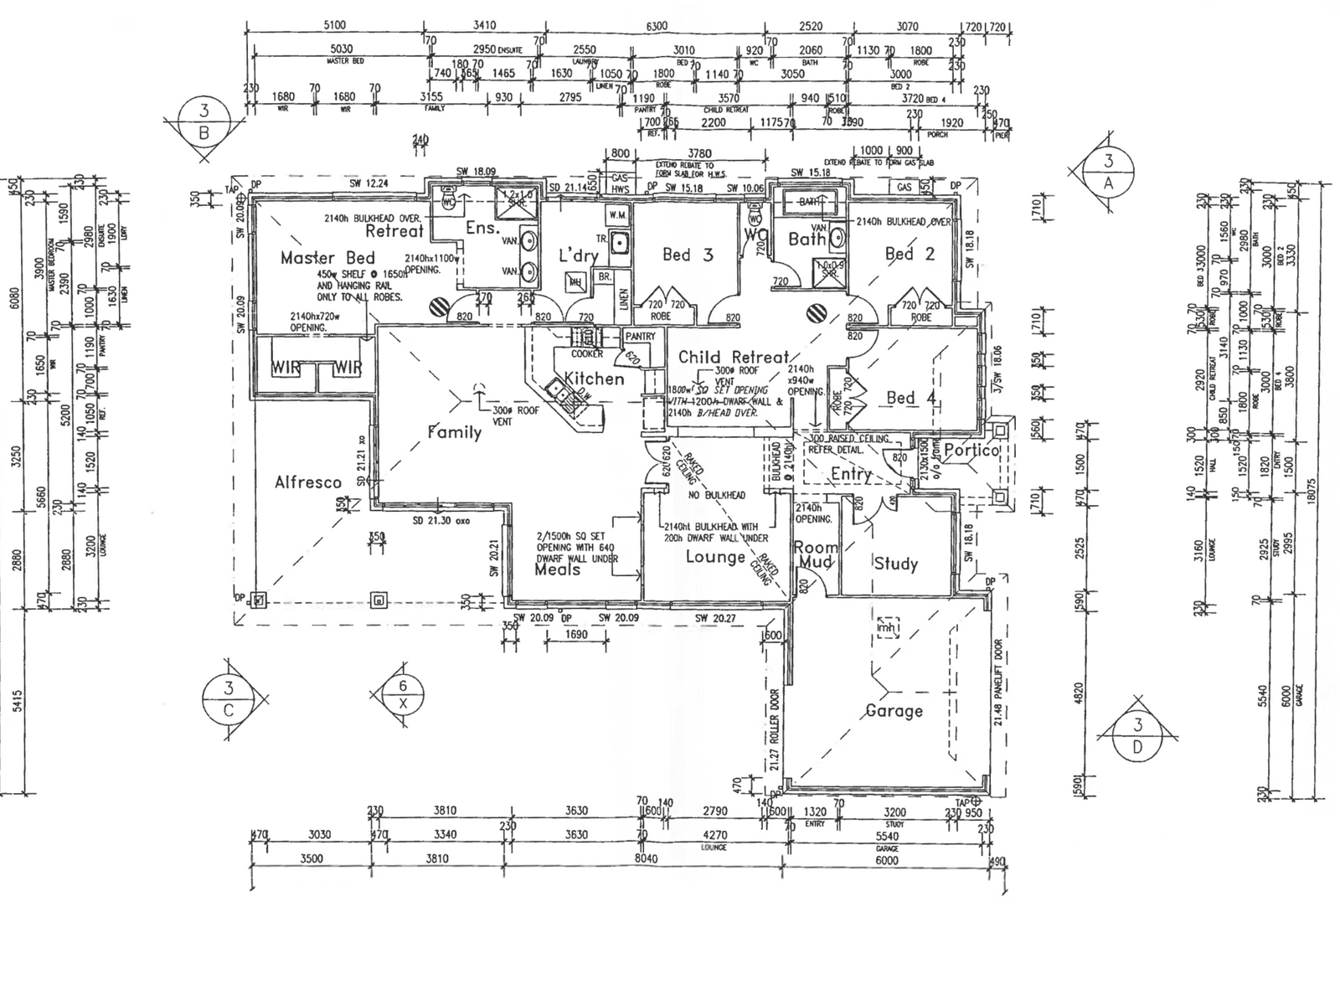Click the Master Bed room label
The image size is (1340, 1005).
coord(327,258)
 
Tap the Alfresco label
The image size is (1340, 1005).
coord(308,482)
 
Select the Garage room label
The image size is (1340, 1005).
coord(894,711)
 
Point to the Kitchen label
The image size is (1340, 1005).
coord(594,379)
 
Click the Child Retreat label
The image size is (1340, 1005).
coord(734,358)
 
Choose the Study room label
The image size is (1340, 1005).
coord(895,564)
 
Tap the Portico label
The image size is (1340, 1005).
coord(971,451)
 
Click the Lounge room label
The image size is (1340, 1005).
coord(715,557)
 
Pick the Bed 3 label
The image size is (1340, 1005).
coord(688,255)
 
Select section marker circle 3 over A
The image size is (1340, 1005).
coord(1108,172)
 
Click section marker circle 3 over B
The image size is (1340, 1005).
coord(204,121)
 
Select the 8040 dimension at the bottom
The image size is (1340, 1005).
coord(646,858)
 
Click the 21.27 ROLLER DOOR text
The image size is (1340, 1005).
coord(775,729)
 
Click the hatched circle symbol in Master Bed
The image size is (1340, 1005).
coord(436,308)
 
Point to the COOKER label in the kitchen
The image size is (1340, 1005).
coord(587,354)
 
